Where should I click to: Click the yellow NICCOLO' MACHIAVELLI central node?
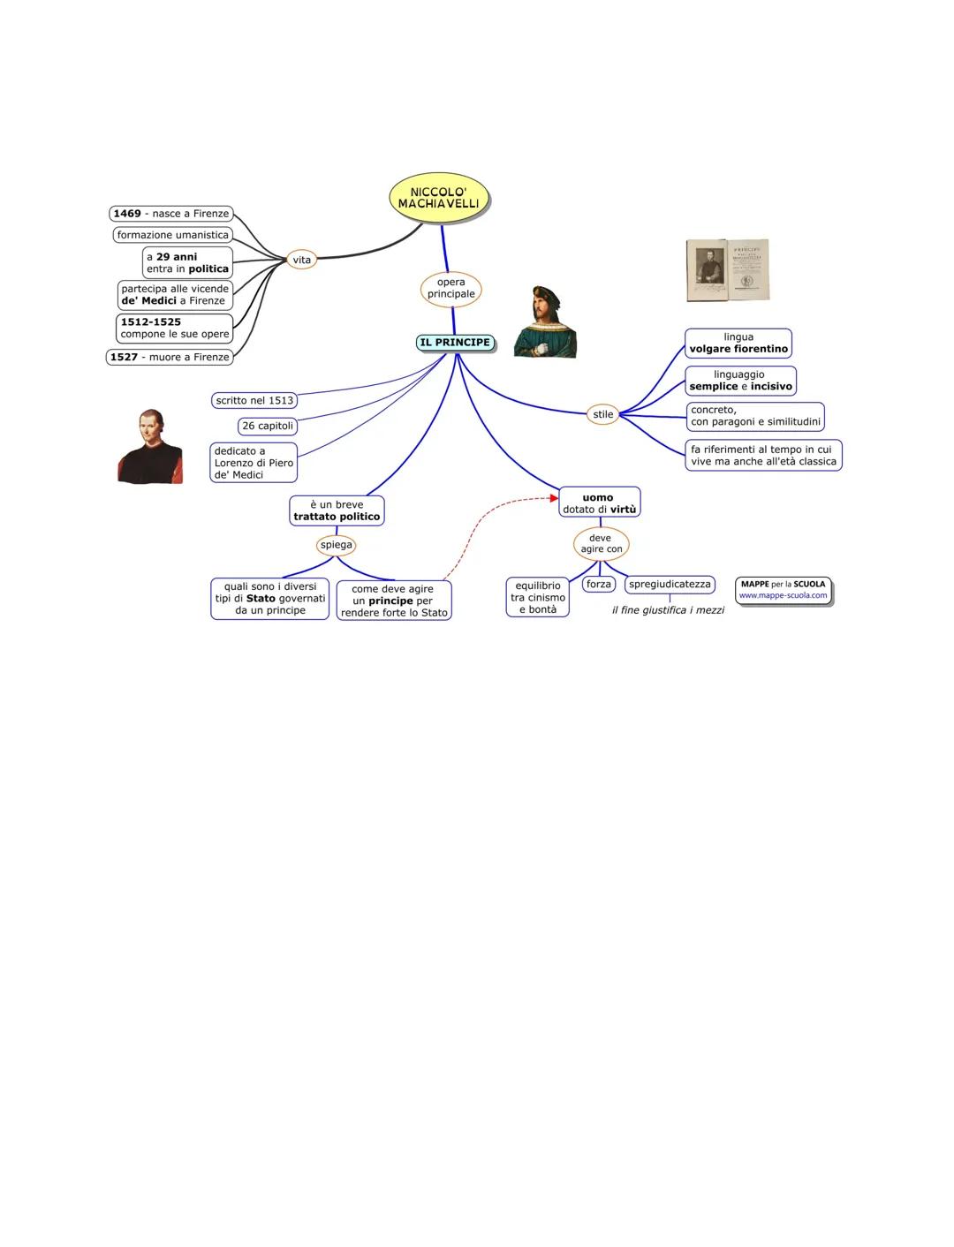click(438, 198)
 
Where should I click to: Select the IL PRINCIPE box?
click(455, 343)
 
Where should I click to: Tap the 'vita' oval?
click(302, 260)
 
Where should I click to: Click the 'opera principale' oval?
click(450, 288)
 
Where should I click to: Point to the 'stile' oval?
click(602, 414)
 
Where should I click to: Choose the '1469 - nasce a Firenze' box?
click(171, 214)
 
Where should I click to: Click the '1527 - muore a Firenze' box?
click(170, 357)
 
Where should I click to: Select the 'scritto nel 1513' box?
click(254, 400)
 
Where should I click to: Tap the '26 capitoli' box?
click(268, 426)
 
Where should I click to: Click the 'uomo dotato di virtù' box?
click(599, 503)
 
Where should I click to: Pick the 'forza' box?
click(599, 584)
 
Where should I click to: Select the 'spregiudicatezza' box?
click(670, 584)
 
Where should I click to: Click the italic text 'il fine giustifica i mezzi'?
click(668, 610)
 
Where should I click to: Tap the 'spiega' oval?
click(336, 545)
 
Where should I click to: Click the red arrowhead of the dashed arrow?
click(554, 498)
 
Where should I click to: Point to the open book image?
click(728, 269)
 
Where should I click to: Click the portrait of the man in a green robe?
click(545, 322)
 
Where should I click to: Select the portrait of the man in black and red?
click(149, 447)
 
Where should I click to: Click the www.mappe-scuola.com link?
click(783, 595)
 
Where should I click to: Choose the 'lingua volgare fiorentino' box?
click(738, 343)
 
